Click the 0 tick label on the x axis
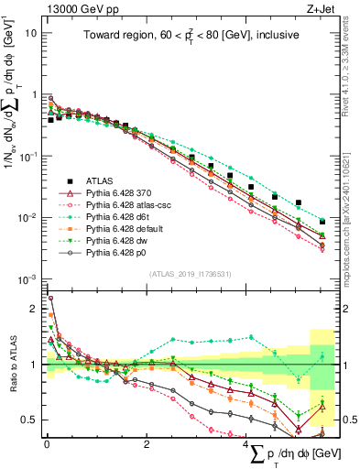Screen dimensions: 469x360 pyautogui.click(x=47, y=442)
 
